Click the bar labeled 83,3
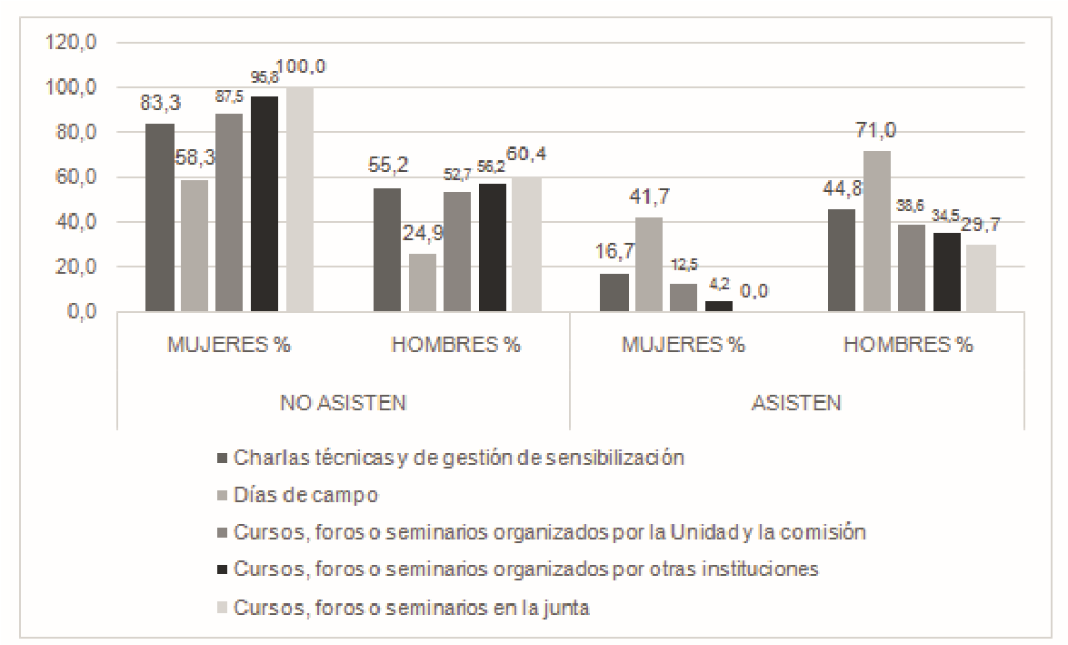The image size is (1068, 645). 160,217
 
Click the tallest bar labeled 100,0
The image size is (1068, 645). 300,200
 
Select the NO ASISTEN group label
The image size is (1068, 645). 343,402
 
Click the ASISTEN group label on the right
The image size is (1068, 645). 797,402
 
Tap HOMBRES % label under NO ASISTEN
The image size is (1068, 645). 455,346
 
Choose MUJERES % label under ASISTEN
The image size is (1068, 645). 684,346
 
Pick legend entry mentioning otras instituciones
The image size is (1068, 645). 526,570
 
